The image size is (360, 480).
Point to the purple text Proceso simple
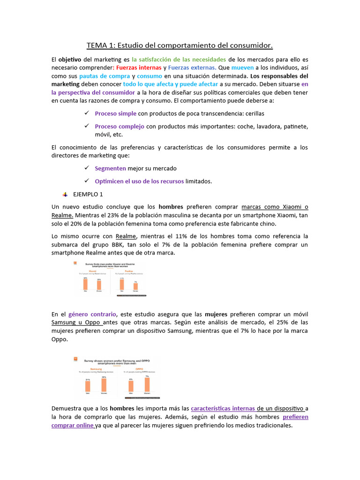pyautogui.click(x=116, y=113)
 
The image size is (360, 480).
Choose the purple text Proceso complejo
pyautogui.click(x=120, y=127)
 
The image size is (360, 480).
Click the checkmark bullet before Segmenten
pyautogui.click(x=86, y=168)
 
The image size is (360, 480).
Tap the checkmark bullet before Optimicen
pyautogui.click(x=86, y=181)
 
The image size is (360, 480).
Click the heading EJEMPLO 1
pyautogui.click(x=88, y=194)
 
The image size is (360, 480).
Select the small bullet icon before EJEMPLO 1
pyautogui.click(x=65, y=194)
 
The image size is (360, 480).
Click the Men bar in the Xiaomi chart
pyautogui.click(x=86, y=285)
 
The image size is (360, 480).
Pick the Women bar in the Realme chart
pyautogui.click(x=135, y=286)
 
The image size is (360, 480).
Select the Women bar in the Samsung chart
pyautogui.click(x=104, y=384)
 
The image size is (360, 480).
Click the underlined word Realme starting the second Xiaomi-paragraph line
pyautogui.click(x=62, y=215)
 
